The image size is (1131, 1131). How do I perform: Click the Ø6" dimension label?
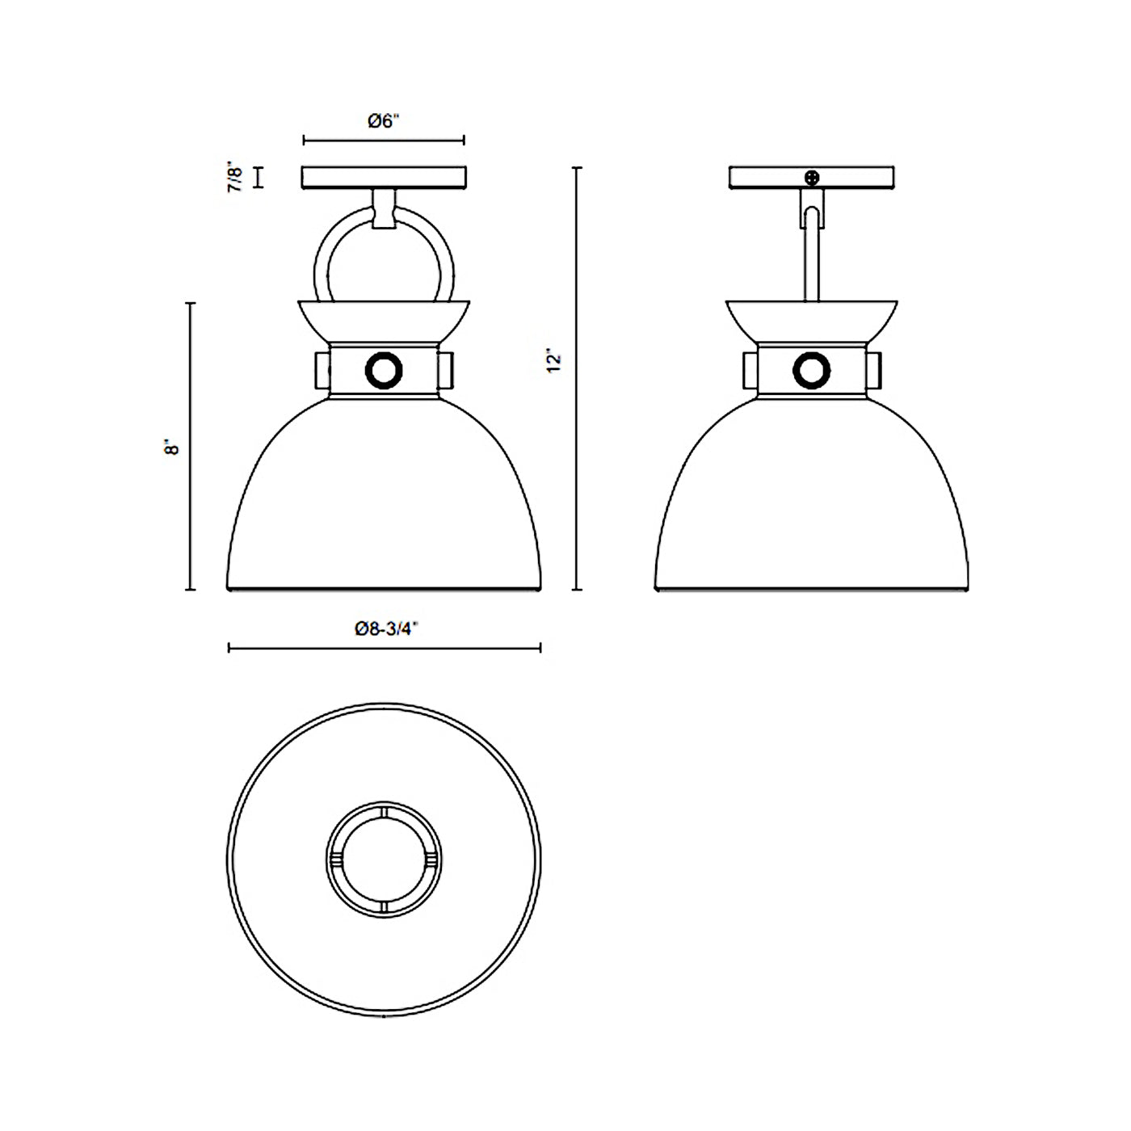pyautogui.click(x=383, y=121)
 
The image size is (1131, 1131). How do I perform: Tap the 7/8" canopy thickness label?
pyautogui.click(x=234, y=177)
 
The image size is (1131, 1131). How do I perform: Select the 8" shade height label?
pyautogui.click(x=171, y=447)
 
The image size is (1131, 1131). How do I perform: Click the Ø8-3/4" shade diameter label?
pyautogui.click(x=385, y=629)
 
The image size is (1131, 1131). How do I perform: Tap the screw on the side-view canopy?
pyautogui.click(x=813, y=177)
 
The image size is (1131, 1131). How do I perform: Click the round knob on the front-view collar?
pyautogui.click(x=384, y=371)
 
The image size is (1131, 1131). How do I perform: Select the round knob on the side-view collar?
pyautogui.click(x=812, y=371)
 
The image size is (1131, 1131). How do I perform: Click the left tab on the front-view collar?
pyautogui.click(x=323, y=370)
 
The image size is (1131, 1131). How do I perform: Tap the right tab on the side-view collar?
pyautogui.click(x=872, y=370)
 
